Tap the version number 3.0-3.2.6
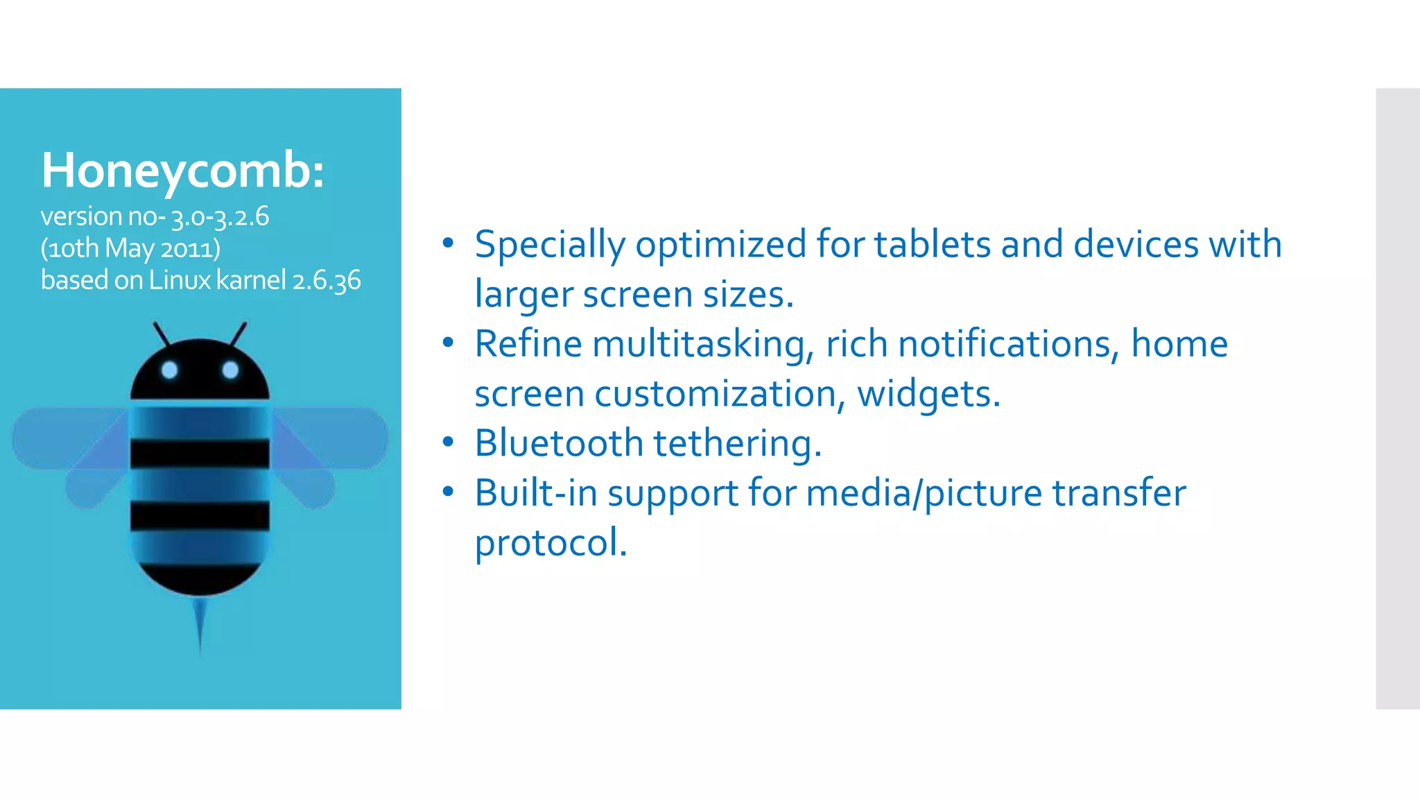click(x=220, y=217)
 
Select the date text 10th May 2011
click(x=130, y=248)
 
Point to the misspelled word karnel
click(x=250, y=280)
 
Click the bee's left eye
click(x=170, y=370)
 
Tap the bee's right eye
click(x=230, y=370)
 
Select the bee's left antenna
click(x=162, y=334)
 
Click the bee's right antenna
click(x=238, y=334)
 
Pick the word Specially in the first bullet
click(x=549, y=246)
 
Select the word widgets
click(x=928, y=395)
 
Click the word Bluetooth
click(x=559, y=443)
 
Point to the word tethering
click(x=737, y=444)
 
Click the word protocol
click(x=551, y=542)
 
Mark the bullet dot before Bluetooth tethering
click(x=448, y=442)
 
